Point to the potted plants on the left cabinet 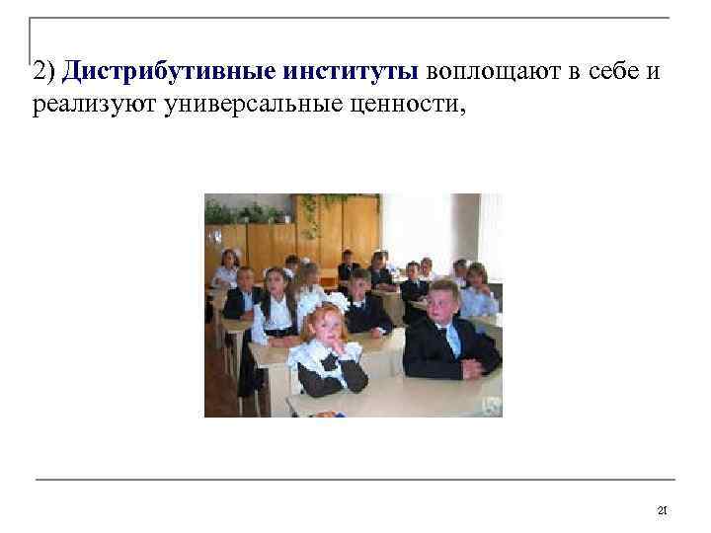click(x=237, y=210)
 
